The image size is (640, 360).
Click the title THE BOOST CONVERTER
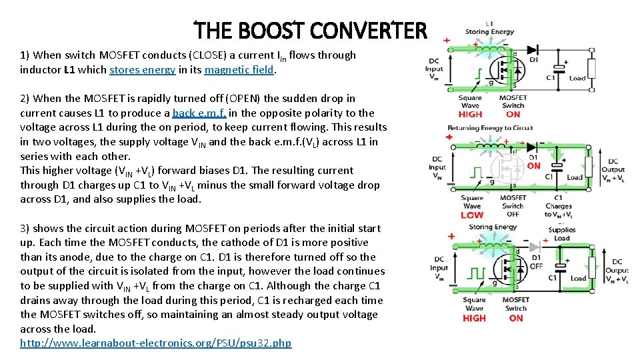tap(309, 31)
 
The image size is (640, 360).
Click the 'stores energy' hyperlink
tap(142, 70)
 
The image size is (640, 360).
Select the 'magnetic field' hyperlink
tap(239, 70)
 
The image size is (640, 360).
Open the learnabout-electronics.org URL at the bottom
tap(155, 343)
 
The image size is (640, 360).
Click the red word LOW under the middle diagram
tap(471, 215)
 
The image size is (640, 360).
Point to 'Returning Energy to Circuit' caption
tap(490, 127)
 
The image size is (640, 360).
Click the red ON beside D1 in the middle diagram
tap(534, 166)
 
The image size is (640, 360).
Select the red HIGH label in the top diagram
tap(471, 114)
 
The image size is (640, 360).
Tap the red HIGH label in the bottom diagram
tap(474, 318)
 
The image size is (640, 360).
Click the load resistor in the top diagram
tap(591, 69)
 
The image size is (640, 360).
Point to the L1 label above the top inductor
tap(489, 24)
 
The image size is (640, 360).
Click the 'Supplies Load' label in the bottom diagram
tap(561, 234)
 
